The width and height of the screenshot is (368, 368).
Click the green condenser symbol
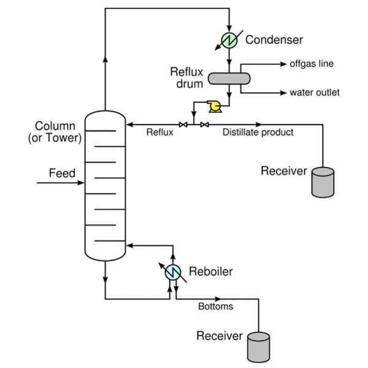(x=229, y=40)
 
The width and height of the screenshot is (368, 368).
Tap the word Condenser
(x=274, y=40)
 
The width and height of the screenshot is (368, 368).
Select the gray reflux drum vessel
(x=229, y=79)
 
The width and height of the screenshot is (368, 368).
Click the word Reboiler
(x=210, y=271)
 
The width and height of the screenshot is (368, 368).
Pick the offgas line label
(x=312, y=64)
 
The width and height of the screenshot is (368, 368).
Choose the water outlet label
(x=315, y=93)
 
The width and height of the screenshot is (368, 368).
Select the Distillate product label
(x=258, y=132)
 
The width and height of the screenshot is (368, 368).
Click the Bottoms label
(x=215, y=306)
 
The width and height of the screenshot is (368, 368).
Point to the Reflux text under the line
(x=159, y=132)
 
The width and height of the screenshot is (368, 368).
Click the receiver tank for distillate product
(x=323, y=182)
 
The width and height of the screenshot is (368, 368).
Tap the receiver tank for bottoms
(x=258, y=347)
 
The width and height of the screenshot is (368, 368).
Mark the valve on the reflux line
(x=182, y=125)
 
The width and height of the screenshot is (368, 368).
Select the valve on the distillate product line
(x=204, y=125)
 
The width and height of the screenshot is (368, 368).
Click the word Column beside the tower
(x=55, y=126)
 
